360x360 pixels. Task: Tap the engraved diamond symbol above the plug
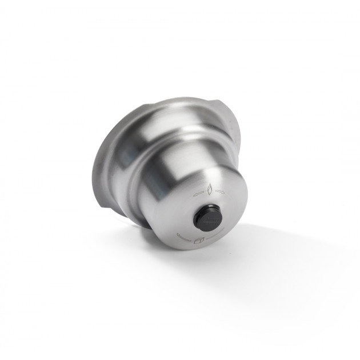click(x=210, y=189)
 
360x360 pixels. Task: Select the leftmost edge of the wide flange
click(x=92, y=171)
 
